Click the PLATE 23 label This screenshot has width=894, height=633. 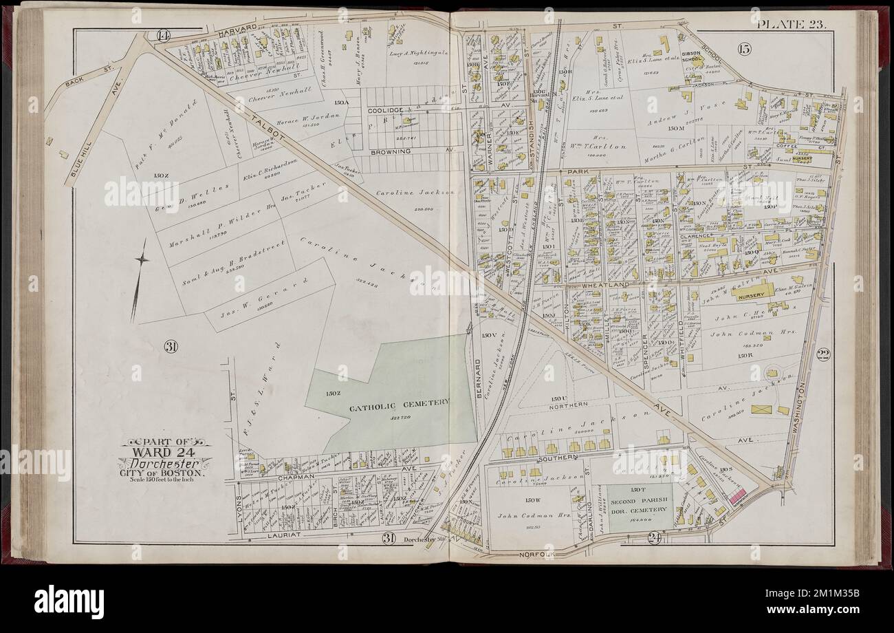coord(794,25)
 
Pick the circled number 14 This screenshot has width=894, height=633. coord(163,36)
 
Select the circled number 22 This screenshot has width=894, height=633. coord(822,355)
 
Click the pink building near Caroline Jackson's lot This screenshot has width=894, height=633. coord(737,495)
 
